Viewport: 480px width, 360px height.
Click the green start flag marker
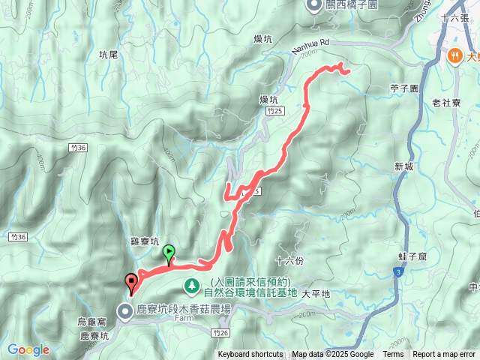[169, 255]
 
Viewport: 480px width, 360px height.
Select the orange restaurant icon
[454, 55]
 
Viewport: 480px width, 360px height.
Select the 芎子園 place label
[403, 88]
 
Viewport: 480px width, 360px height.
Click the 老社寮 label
[447, 103]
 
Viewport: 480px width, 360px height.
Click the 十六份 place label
[289, 261]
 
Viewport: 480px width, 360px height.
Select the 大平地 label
[315, 294]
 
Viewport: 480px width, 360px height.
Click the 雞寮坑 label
[145, 242]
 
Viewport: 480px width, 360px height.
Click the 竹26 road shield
[219, 331]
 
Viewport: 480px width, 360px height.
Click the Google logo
[28, 349]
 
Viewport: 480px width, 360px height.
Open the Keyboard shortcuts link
[250, 355]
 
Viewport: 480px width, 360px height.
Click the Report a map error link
[444, 355]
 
